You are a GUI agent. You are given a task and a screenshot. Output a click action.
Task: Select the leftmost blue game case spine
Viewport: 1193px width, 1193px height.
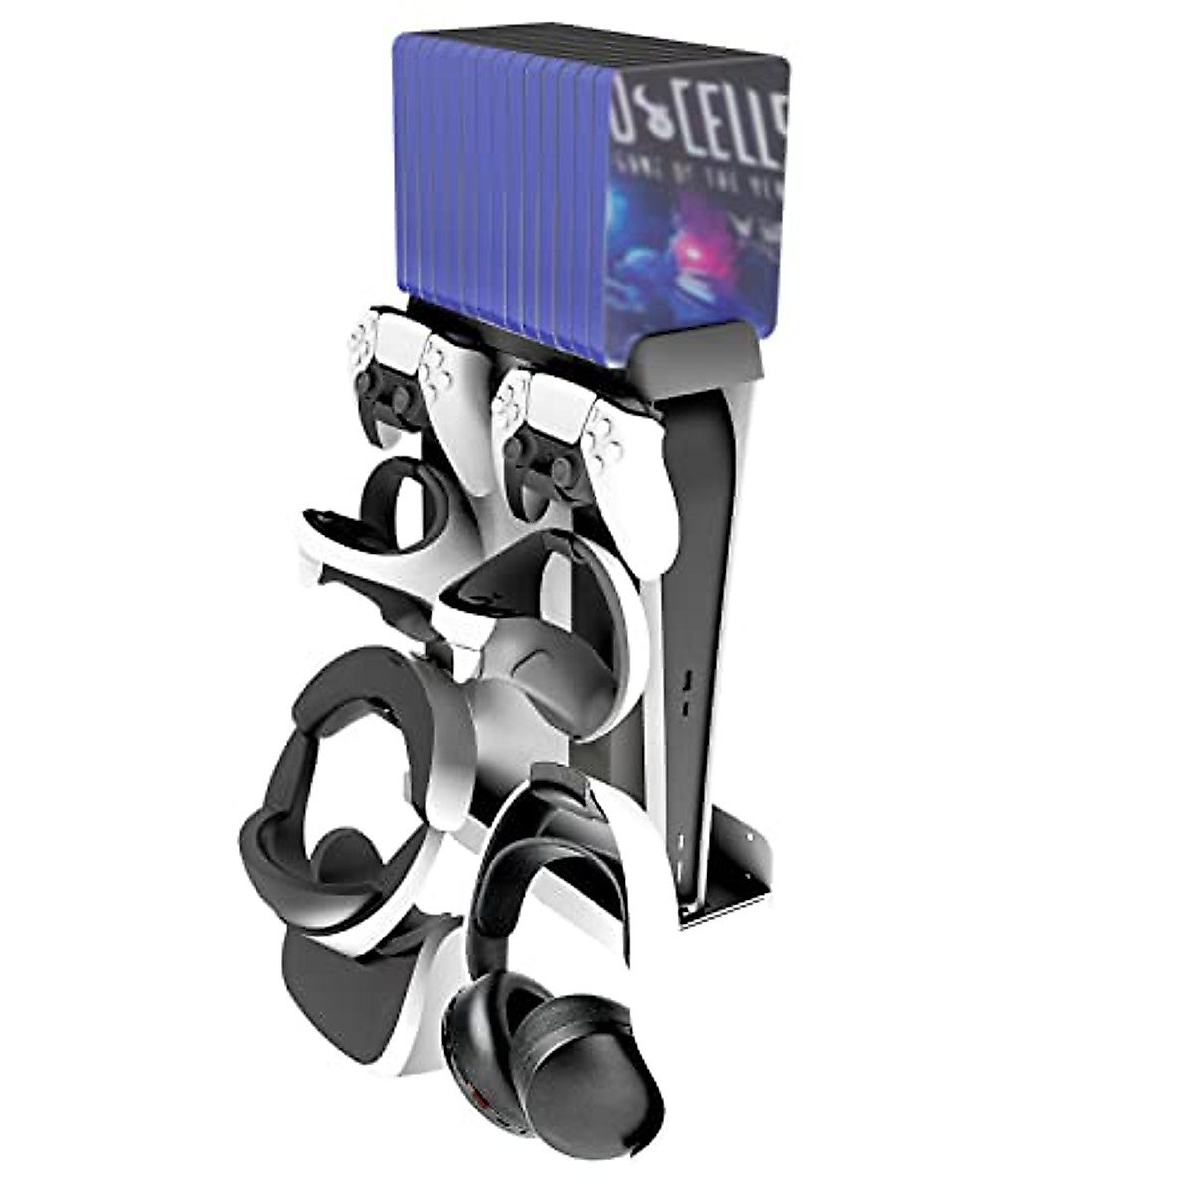[410, 169]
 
